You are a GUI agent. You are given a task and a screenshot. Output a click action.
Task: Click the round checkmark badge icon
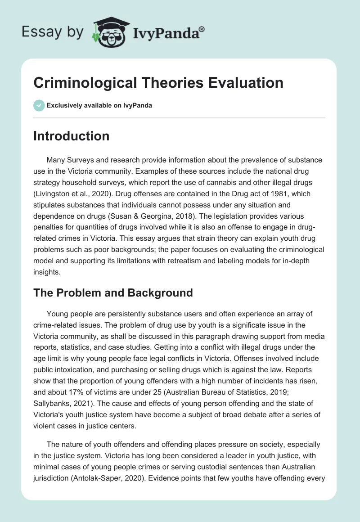click(x=39, y=105)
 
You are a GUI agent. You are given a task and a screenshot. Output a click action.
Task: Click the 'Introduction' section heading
click(x=72, y=136)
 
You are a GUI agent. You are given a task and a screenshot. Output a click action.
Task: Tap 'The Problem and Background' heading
click(x=113, y=293)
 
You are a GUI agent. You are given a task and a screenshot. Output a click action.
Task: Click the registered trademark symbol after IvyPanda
click(x=202, y=29)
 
